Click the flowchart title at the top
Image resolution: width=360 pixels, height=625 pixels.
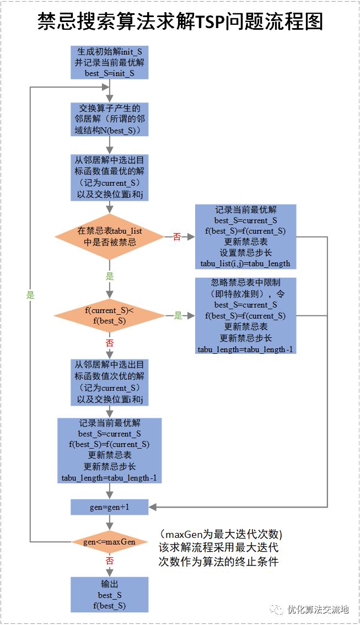(x=180, y=21)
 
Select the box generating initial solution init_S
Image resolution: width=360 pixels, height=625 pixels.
(x=110, y=62)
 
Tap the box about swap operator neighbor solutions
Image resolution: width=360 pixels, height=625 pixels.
(x=110, y=119)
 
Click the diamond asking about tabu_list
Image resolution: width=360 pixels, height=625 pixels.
(x=110, y=236)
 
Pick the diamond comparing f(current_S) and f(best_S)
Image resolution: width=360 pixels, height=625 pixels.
(x=110, y=316)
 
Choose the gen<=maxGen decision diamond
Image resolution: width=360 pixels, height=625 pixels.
(x=110, y=542)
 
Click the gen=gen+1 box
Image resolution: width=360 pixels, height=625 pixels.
(x=110, y=507)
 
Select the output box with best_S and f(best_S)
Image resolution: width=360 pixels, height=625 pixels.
(x=110, y=595)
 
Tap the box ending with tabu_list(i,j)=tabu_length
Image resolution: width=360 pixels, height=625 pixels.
(x=245, y=236)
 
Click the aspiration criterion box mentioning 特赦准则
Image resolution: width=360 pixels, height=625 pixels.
(x=245, y=315)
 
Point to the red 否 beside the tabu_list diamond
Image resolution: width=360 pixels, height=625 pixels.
(x=177, y=237)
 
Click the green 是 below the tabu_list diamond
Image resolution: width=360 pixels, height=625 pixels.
(x=110, y=277)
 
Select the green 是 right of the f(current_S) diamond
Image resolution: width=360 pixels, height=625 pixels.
(x=178, y=316)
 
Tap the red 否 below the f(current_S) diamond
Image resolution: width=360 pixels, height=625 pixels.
(x=110, y=343)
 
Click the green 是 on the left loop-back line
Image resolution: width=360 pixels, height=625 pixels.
(x=30, y=295)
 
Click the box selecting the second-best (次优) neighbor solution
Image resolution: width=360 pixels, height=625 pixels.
(x=110, y=382)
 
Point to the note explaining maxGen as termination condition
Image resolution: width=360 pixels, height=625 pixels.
(x=220, y=548)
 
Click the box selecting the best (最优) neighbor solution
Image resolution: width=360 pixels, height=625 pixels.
(x=110, y=177)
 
